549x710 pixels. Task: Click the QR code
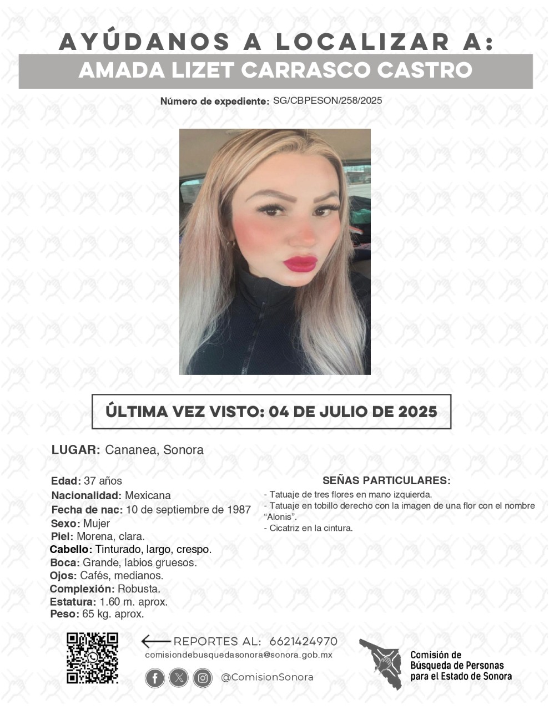tap(92, 657)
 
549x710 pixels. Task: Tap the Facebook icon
tap(155, 677)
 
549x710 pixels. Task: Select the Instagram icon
tap(203, 677)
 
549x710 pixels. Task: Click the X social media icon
tap(179, 677)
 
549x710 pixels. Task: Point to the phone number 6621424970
tap(303, 641)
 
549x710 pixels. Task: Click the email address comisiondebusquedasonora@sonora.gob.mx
tap(238, 655)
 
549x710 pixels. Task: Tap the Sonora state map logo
tap(381, 662)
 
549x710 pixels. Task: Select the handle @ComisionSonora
tap(267, 677)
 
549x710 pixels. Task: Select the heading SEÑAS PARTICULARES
tap(386, 480)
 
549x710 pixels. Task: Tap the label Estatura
tap(72, 602)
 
